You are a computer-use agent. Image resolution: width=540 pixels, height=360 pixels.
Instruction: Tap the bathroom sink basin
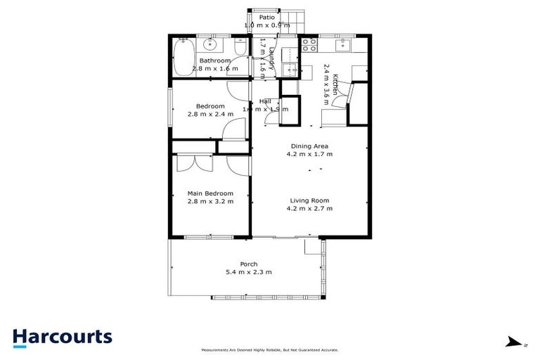pos(210,46)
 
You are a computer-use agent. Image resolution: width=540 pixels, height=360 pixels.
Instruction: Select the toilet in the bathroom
pos(240,48)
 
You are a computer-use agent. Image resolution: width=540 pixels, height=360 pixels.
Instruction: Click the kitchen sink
pos(344,45)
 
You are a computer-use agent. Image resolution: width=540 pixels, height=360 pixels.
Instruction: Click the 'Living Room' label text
pos(309,200)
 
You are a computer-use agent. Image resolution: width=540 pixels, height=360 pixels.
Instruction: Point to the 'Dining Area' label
pos(309,146)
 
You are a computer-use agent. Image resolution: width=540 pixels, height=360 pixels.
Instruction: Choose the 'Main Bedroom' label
pos(210,193)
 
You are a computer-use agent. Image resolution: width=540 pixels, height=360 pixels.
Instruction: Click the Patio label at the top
pos(266,17)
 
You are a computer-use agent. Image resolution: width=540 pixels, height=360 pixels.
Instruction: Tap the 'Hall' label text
pos(265,101)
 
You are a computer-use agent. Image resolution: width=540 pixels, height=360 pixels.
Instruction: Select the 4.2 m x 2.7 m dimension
pos(309,208)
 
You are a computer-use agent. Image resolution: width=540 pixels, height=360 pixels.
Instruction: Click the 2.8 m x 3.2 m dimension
pos(210,201)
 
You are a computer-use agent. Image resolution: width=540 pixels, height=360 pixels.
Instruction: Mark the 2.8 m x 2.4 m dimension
pos(210,114)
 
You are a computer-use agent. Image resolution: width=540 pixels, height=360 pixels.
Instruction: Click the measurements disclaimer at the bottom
pos(270,349)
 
